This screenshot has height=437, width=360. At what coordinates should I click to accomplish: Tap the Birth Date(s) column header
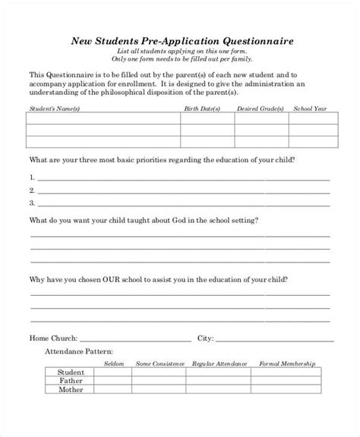point(201,108)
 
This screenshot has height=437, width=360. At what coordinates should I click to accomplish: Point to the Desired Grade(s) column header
point(260,108)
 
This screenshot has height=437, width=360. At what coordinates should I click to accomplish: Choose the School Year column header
point(311,108)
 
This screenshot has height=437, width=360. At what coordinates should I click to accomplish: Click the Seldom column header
point(113,363)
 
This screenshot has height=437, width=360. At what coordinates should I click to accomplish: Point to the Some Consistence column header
point(160,363)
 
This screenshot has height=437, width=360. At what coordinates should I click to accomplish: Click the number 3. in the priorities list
point(33,203)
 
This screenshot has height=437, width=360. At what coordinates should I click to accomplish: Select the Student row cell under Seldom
point(113,373)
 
